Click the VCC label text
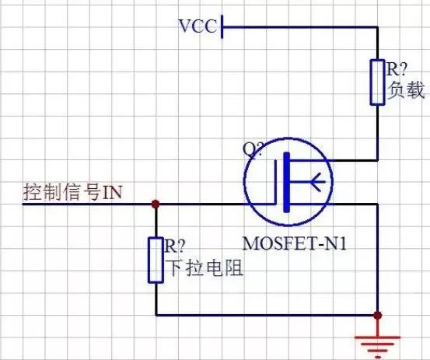pos(198,26)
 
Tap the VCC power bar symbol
pos(222,27)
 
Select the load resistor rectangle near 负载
pos(377,82)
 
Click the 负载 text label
pos(406,90)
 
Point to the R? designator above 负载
pos(397,69)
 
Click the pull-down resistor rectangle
pos(156,260)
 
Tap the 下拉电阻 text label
pos(205,268)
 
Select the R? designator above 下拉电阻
pos(175,246)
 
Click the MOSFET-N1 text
pos(294,243)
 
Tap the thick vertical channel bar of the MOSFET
pos(287,182)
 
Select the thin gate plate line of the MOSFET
pos(275,182)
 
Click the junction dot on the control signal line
pos(156,204)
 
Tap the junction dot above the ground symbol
pos(378,316)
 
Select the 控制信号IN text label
pos(72,192)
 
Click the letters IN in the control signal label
pos(112,193)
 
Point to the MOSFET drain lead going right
pos(334,160)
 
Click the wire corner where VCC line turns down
pos(378,27)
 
